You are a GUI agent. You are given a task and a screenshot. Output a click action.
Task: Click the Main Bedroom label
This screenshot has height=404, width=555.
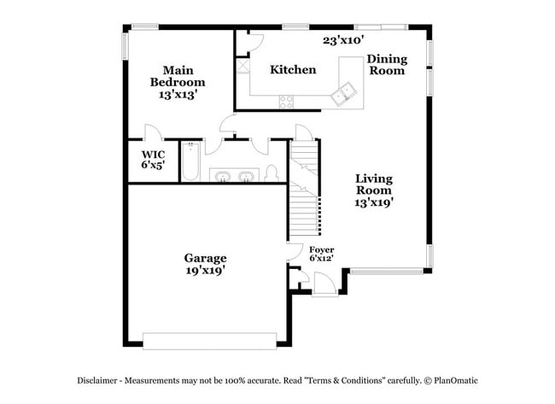[x=178, y=76]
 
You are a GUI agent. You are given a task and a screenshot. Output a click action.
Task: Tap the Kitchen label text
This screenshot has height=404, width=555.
[x=293, y=69]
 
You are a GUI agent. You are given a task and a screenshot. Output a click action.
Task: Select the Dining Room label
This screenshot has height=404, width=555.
[x=387, y=65]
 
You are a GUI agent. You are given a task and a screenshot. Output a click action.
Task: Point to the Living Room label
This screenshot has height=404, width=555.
[x=374, y=184]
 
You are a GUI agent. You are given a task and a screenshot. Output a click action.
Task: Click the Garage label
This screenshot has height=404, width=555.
[x=206, y=258]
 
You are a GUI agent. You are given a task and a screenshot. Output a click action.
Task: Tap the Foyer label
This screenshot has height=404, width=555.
[x=321, y=249]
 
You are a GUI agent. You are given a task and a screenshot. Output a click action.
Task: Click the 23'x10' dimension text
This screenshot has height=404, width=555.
[x=343, y=39]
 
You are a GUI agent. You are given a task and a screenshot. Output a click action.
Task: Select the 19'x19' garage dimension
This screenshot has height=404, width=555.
[x=206, y=271]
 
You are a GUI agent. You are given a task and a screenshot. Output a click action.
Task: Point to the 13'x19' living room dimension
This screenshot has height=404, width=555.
[x=374, y=203]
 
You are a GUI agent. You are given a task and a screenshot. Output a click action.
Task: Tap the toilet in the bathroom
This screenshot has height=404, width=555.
[x=272, y=173]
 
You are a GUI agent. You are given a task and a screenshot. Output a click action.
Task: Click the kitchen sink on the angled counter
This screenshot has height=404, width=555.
[x=346, y=93]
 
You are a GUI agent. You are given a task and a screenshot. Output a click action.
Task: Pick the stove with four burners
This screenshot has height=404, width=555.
[x=286, y=102]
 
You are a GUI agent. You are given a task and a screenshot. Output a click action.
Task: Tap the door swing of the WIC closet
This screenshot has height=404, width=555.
[x=151, y=133]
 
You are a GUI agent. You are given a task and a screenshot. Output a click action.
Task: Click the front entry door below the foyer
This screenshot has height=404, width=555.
[x=324, y=284]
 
